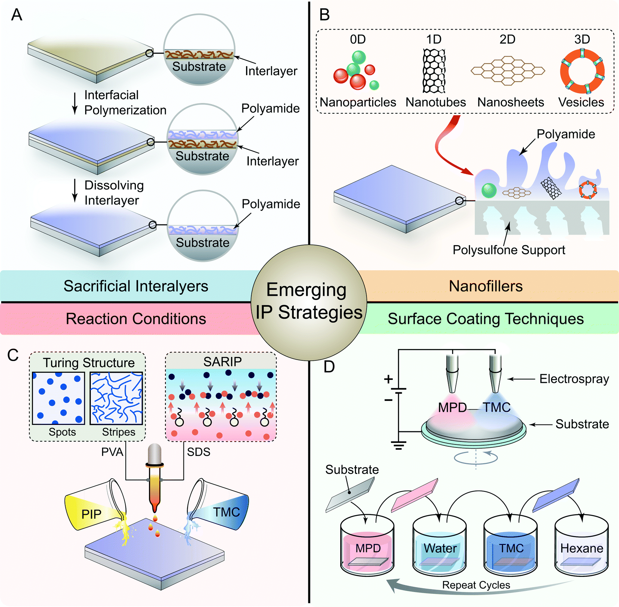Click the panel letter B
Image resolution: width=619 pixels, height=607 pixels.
[324, 15]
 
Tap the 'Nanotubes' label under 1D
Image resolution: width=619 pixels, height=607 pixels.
[436, 102]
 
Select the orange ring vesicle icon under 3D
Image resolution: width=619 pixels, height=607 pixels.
[582, 71]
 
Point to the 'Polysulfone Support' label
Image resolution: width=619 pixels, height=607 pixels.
[509, 250]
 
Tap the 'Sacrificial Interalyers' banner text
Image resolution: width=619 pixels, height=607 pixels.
[135, 286]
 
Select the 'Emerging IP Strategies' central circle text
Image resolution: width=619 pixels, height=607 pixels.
[308, 301]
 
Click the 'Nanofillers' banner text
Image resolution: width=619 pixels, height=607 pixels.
[485, 286]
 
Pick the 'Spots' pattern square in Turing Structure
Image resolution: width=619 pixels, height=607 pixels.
[59, 398]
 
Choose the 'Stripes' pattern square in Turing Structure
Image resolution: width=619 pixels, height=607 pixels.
[116, 398]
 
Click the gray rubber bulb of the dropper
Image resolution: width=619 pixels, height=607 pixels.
[155, 455]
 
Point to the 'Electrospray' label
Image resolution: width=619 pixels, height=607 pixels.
[574, 379]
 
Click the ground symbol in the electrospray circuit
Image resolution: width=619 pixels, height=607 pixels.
[398, 446]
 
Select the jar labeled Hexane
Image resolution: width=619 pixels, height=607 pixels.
[581, 546]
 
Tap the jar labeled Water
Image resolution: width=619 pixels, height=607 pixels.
[439, 546]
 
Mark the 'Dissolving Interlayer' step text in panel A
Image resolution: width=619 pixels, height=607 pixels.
[114, 193]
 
